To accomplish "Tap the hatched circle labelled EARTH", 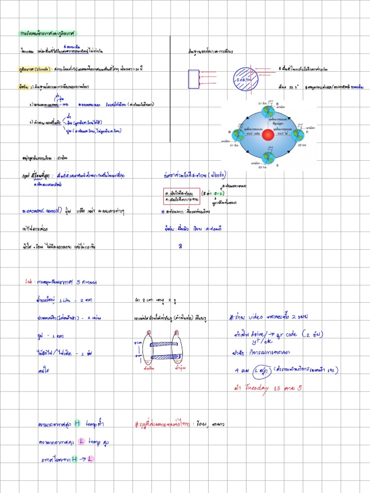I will tap(246, 79).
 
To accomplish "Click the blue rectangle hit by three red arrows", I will tap(194, 79).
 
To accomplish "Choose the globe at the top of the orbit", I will tap(268, 111).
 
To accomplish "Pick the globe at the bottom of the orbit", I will tap(268, 157).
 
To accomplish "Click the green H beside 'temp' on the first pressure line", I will tap(77, 424).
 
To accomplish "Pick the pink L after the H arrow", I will tap(90, 459).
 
